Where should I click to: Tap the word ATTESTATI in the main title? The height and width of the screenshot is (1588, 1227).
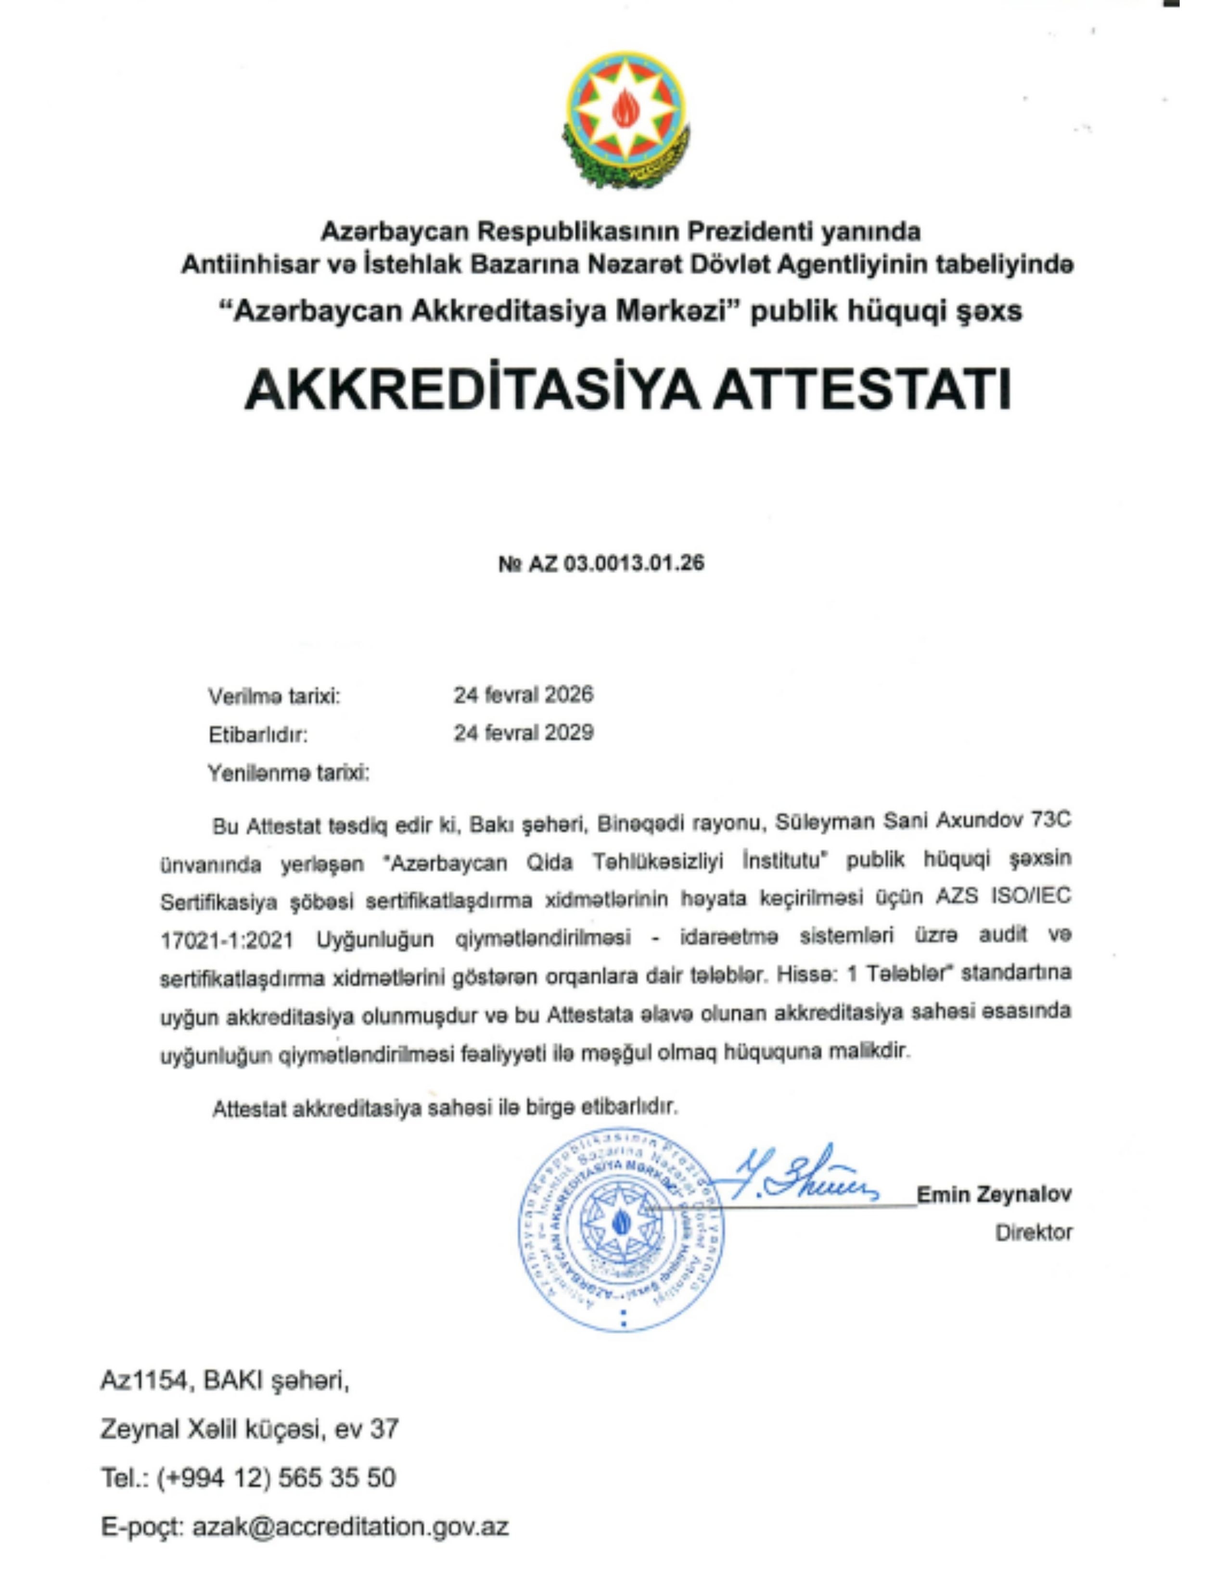point(861,390)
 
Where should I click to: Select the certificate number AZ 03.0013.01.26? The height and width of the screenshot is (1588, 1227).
point(616,563)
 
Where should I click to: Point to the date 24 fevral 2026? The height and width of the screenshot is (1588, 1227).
point(524,695)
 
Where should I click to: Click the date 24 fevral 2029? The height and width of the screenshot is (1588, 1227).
point(524,733)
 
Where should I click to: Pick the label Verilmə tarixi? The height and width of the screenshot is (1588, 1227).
point(274,697)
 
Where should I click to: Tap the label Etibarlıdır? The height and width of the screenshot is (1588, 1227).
point(258,735)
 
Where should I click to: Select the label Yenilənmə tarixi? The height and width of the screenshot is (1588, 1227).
point(289,772)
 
